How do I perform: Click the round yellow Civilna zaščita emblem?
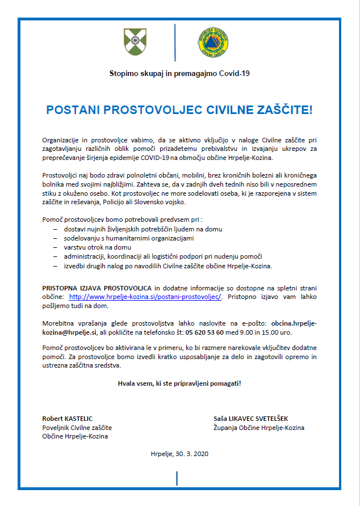(213, 43)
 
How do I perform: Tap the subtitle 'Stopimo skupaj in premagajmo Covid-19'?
(179, 73)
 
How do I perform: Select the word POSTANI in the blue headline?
(72, 109)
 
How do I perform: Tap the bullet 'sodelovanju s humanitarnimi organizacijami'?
(129, 238)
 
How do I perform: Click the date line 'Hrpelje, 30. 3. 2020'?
(179, 453)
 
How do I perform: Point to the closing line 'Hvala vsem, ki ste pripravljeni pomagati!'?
(179, 383)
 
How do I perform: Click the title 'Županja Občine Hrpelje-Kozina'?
(258, 428)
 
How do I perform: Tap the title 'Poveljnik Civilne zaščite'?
(77, 428)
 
